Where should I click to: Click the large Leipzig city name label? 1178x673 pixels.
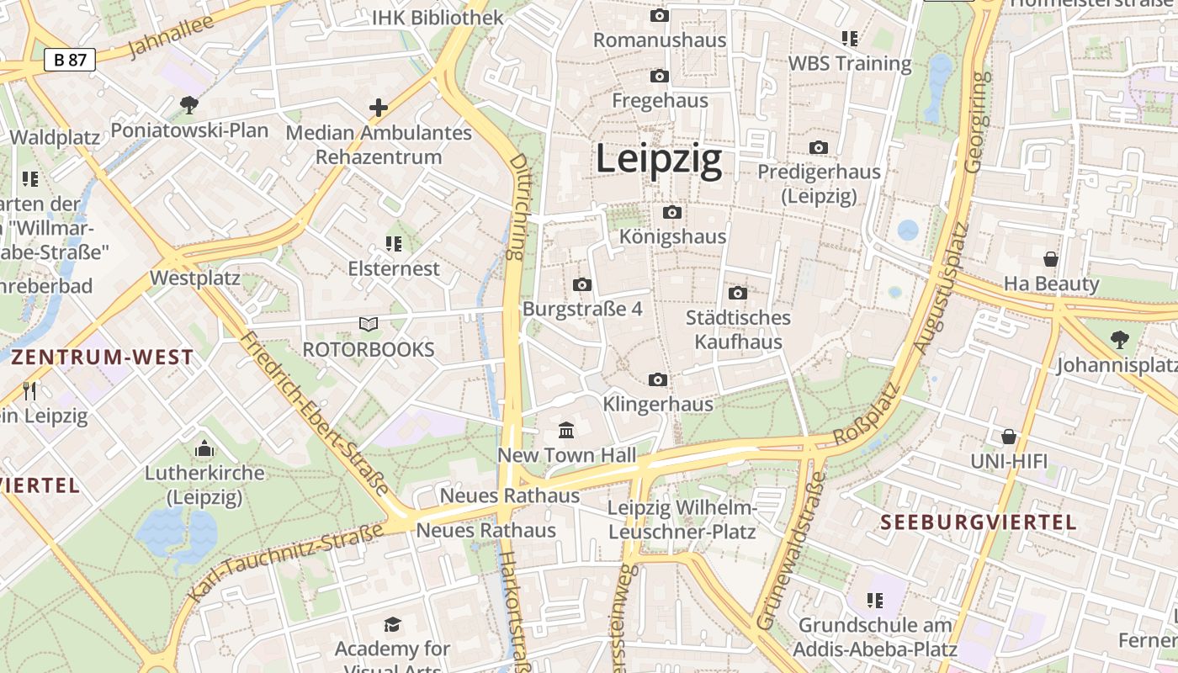point(659,159)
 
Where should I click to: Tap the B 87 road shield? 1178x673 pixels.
point(70,60)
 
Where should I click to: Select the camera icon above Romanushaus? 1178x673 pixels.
point(660,16)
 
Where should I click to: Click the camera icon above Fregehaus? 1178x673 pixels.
point(660,77)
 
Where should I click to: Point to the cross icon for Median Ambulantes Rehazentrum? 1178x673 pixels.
point(379,108)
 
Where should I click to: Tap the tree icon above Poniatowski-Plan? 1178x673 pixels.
point(189,105)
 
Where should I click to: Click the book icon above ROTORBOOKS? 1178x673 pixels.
point(369,324)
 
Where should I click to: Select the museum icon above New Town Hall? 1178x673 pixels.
point(567,431)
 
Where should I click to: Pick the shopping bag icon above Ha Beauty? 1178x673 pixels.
point(1050,259)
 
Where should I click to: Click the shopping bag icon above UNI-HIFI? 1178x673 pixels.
point(1008,437)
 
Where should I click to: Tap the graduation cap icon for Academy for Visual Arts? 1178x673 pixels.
point(392,624)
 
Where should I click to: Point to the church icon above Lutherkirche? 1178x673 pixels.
point(204,449)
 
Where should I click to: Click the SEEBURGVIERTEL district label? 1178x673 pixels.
point(979,522)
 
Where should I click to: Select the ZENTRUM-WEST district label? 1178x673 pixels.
point(103,358)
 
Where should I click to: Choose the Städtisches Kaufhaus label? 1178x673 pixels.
point(738,330)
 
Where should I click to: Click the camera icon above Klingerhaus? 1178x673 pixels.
point(658,380)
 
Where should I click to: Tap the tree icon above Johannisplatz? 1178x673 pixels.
point(1119,340)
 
